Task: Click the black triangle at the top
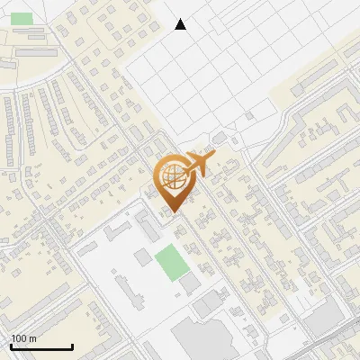181,24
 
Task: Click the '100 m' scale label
23,338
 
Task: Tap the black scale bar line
41,347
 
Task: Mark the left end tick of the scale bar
11,346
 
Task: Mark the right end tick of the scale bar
72,346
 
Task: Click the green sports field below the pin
168,262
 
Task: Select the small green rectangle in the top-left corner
22,18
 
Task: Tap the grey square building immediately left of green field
143,258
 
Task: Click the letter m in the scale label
32,338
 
